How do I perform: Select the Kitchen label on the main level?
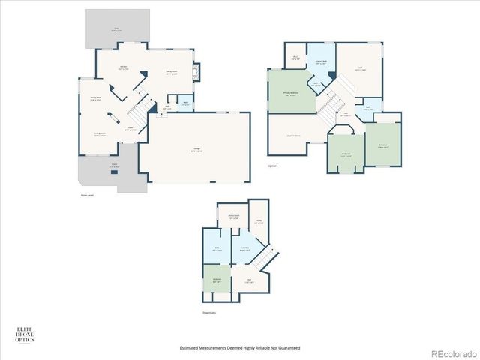coord(124,67)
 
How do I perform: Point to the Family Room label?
coord(171,72)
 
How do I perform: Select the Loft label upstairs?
coord(360,69)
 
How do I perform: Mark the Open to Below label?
coord(294,136)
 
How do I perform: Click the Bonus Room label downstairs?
coord(233,217)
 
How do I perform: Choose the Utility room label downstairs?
coord(258,220)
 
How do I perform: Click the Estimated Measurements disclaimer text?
coord(240,347)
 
